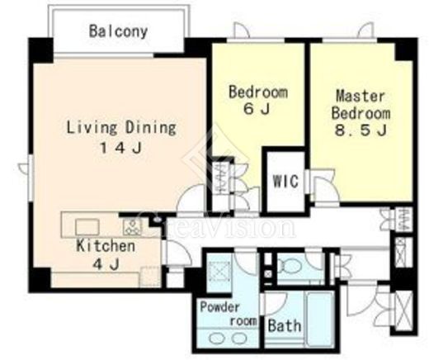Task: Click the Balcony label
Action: (118, 31)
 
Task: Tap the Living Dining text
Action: (121, 128)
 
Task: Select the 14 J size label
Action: (120, 148)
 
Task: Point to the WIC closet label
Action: (285, 181)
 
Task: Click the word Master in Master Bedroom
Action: (361, 96)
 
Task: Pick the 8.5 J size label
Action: (361, 130)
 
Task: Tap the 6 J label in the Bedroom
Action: (257, 109)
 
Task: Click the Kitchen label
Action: (106, 245)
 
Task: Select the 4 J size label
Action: (106, 264)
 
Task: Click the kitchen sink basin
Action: (87, 227)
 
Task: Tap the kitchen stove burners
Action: (132, 227)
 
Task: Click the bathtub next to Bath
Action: (319, 319)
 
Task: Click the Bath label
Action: (285, 325)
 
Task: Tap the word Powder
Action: (220, 306)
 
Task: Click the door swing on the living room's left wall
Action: (23, 168)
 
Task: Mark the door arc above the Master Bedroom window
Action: (365, 30)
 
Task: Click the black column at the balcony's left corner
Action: (41, 50)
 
